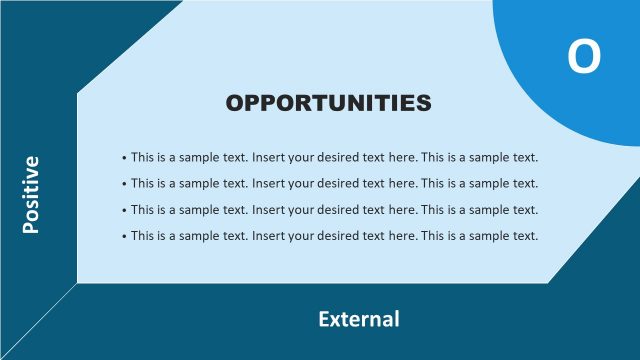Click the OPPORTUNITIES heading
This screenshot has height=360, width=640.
click(x=328, y=102)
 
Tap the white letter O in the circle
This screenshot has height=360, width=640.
click(x=585, y=57)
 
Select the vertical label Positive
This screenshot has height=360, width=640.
click(x=31, y=195)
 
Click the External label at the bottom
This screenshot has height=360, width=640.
click(x=358, y=319)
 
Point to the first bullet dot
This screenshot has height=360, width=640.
click(x=124, y=158)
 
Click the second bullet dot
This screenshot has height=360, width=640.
click(x=124, y=184)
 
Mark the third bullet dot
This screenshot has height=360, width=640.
click(x=124, y=210)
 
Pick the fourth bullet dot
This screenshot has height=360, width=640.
click(x=124, y=236)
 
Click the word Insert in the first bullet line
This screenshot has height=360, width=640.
click(x=268, y=157)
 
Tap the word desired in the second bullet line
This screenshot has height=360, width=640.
click(x=337, y=183)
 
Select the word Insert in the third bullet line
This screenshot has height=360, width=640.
click(x=268, y=209)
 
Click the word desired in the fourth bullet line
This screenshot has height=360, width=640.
click(x=337, y=235)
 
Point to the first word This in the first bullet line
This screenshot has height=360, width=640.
click(x=142, y=157)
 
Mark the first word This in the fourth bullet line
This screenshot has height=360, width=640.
click(x=142, y=235)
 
